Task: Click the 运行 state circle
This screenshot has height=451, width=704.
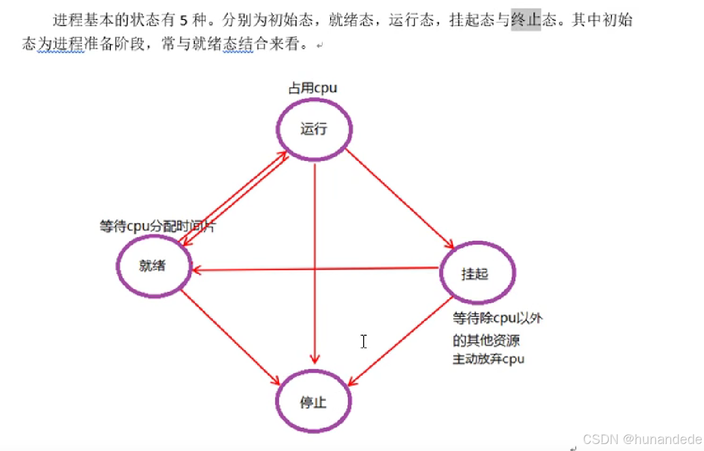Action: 314,130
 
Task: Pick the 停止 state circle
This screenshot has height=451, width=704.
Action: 314,402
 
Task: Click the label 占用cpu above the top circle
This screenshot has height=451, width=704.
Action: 313,88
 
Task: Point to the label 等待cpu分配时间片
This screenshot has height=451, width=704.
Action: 157,227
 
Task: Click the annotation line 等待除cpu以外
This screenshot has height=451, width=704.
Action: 497,319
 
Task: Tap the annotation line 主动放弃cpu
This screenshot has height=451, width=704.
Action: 488,359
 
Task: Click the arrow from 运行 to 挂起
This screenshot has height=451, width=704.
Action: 401,198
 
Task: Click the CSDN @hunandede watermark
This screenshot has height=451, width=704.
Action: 642,439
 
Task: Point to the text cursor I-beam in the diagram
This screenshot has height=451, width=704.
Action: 364,341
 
